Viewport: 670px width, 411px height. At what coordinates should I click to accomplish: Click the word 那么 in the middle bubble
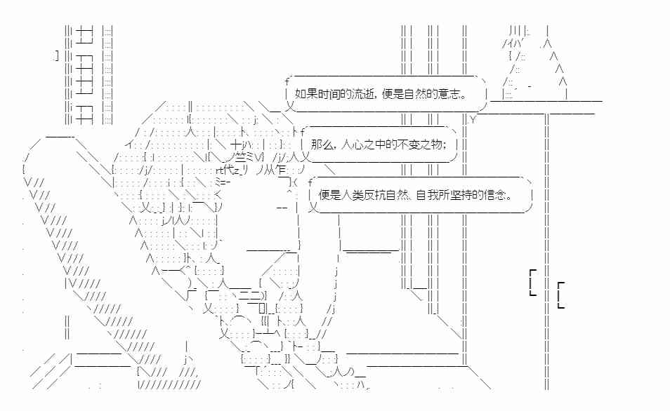(322, 144)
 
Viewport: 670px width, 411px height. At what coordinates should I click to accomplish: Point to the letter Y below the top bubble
(473, 120)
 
